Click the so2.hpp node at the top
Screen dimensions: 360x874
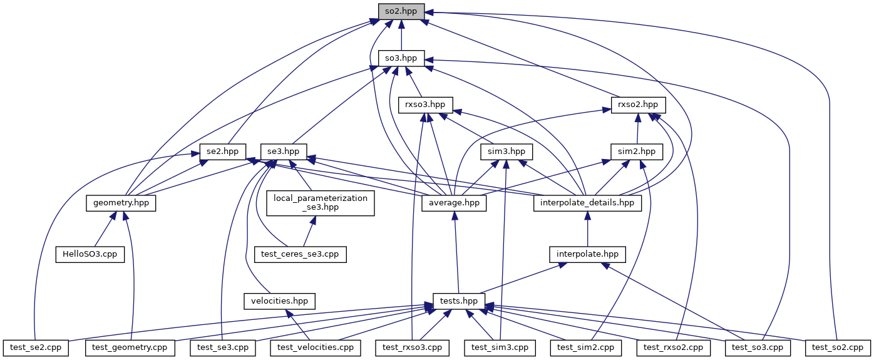click(401, 11)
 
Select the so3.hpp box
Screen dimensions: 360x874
click(401, 58)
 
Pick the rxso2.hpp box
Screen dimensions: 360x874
click(638, 105)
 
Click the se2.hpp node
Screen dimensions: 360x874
click(223, 151)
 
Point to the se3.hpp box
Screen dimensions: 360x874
click(284, 151)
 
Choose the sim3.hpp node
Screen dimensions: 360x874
click(506, 151)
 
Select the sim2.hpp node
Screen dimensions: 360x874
click(637, 151)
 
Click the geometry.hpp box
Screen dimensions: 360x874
click(121, 203)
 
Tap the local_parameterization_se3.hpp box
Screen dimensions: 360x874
click(321, 203)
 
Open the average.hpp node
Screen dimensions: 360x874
click(455, 203)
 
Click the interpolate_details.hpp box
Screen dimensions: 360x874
click(587, 203)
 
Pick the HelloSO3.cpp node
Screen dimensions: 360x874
click(91, 254)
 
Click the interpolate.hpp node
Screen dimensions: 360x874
click(587, 254)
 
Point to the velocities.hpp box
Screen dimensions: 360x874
click(279, 301)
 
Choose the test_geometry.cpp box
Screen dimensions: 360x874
click(130, 346)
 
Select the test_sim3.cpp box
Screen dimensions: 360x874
click(500, 346)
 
